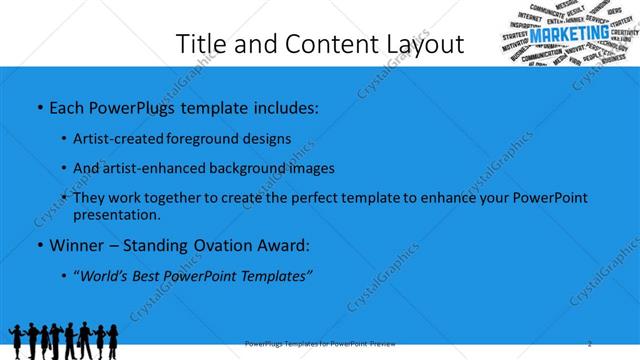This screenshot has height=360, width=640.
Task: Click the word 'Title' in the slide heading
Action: (200, 44)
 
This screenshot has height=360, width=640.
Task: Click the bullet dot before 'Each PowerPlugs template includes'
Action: (39, 106)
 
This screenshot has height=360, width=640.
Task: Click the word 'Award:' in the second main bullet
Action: (284, 245)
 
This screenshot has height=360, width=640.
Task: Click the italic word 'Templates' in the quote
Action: (277, 275)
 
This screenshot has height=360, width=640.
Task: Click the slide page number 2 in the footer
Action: (590, 344)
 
